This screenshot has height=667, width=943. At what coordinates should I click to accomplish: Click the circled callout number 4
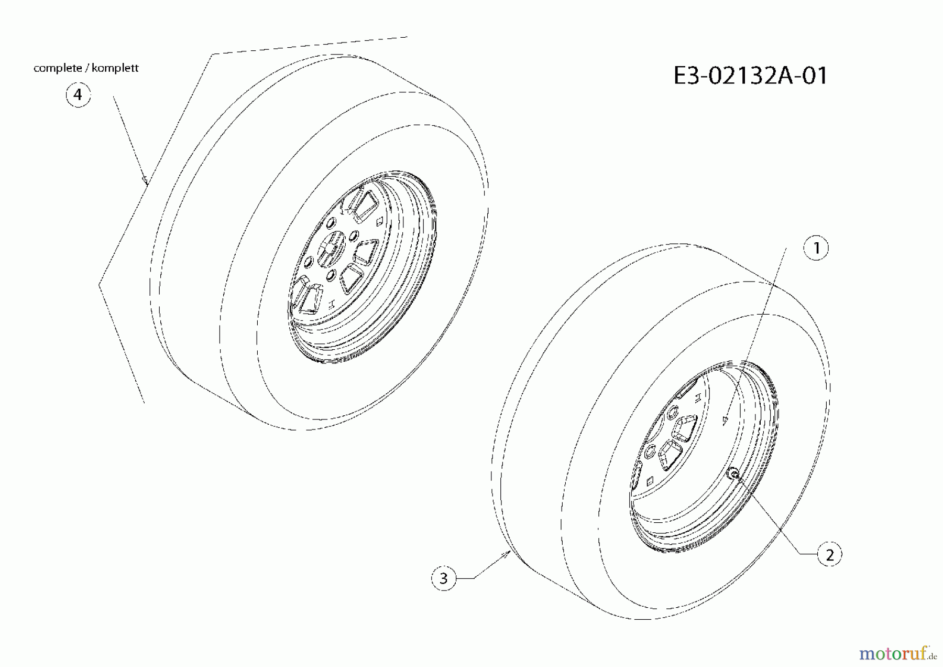click(78, 95)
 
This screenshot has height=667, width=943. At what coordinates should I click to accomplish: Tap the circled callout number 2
click(829, 554)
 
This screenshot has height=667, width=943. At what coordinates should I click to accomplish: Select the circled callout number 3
click(444, 578)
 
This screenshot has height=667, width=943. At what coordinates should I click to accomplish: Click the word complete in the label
click(58, 68)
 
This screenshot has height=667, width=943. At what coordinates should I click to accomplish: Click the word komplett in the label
click(115, 68)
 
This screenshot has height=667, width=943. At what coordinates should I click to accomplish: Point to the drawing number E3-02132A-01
click(750, 76)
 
